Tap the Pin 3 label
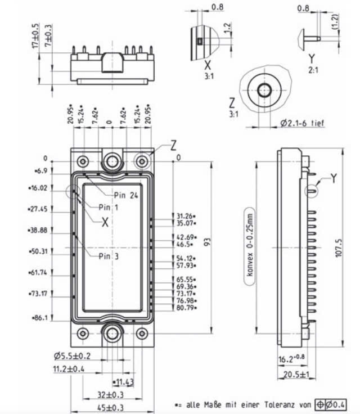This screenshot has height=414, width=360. coord(109,256)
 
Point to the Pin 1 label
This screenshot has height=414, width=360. coord(109,207)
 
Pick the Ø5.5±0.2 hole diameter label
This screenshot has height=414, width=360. coord(72,356)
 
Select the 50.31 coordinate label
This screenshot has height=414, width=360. coord(39,251)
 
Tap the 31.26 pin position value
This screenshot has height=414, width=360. coord(187,215)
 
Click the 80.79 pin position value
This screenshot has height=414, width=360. coord(187,308)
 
